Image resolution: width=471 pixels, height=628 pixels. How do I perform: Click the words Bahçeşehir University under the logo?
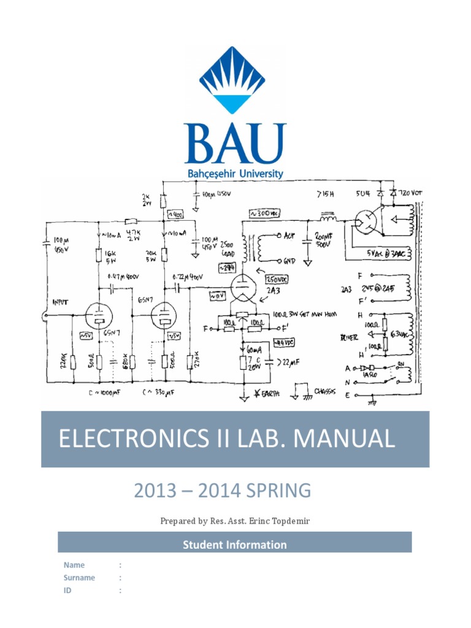tap(235, 174)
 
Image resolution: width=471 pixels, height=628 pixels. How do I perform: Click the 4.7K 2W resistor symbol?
tap(131, 222)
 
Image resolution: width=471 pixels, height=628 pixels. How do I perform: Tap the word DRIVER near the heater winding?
tap(348, 336)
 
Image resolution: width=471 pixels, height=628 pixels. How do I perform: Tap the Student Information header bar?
tap(235, 544)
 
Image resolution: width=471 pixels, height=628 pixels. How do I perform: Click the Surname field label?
tap(79, 578)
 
